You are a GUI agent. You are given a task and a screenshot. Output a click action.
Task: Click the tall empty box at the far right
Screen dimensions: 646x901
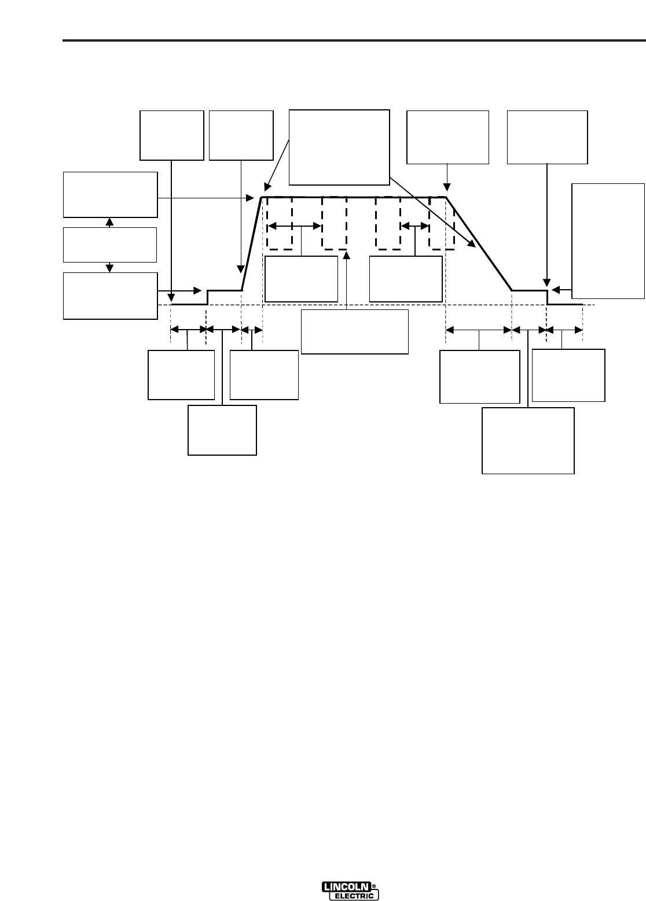(x=608, y=241)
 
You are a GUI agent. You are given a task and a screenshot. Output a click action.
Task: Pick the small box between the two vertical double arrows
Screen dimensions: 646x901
(x=110, y=245)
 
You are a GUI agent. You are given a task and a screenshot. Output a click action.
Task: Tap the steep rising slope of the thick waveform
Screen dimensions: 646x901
(x=252, y=243)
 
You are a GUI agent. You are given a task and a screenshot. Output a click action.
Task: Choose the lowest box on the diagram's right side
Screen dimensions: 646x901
(x=528, y=441)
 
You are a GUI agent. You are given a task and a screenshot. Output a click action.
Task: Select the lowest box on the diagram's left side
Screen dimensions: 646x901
(x=222, y=430)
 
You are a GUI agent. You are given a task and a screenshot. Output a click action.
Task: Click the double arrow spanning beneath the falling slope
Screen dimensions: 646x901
(x=479, y=330)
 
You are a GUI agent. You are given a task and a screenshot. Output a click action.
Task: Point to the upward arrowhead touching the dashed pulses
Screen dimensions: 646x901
(x=346, y=254)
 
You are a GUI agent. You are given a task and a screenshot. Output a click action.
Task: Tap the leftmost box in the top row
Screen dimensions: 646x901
(x=172, y=135)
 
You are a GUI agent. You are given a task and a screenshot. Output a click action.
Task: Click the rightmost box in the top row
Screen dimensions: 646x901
(x=547, y=137)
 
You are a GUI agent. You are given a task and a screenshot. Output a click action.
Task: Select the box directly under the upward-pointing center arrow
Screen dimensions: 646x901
(x=355, y=331)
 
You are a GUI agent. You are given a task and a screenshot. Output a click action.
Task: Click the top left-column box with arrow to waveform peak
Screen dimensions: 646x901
(x=110, y=194)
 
